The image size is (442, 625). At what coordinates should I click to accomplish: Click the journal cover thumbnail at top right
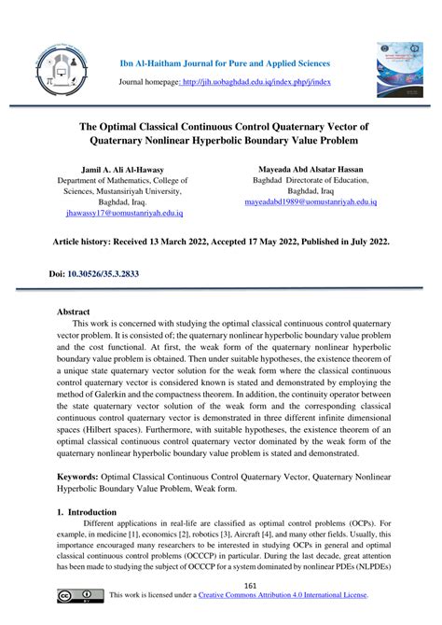398,69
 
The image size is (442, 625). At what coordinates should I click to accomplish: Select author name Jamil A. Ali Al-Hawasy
117,171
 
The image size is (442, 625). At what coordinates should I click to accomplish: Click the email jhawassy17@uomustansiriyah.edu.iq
117,212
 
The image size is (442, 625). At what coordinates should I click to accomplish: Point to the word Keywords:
81,476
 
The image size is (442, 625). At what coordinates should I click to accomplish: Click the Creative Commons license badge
79,595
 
